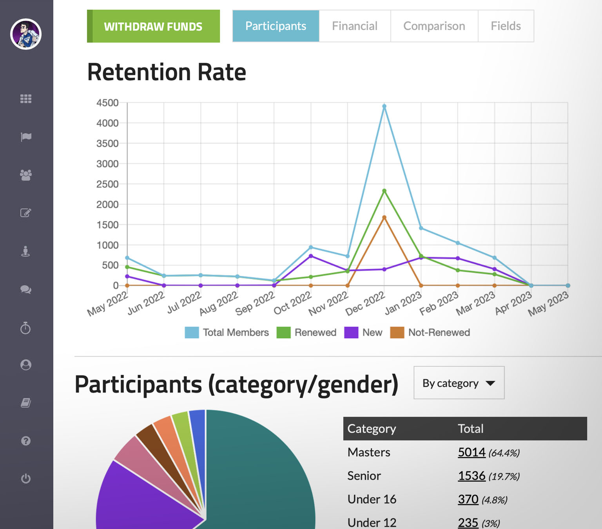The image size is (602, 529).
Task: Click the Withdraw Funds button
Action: (153, 26)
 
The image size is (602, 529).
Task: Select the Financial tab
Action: (354, 26)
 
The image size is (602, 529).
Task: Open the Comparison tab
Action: (434, 26)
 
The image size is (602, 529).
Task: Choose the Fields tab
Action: (506, 26)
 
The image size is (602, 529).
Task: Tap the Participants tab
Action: (276, 26)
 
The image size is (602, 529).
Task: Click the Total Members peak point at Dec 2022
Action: (384, 106)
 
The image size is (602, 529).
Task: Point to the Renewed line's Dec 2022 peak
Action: (384, 191)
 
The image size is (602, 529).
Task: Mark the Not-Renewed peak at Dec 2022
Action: (384, 217)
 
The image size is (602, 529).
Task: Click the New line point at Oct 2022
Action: (311, 256)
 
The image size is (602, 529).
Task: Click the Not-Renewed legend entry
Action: (430, 332)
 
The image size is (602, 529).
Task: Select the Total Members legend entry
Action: (227, 332)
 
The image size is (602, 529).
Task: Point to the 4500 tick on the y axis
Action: (107, 103)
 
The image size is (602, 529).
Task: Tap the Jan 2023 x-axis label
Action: (403, 303)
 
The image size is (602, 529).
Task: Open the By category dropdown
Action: (459, 383)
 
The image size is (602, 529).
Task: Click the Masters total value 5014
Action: (471, 452)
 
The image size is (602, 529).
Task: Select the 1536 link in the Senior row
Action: (471, 476)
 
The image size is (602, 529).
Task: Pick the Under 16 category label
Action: (372, 499)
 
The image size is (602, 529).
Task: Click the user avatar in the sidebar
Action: (26, 34)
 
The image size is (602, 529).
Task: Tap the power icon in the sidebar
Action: (26, 478)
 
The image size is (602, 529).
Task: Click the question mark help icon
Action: (26, 441)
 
